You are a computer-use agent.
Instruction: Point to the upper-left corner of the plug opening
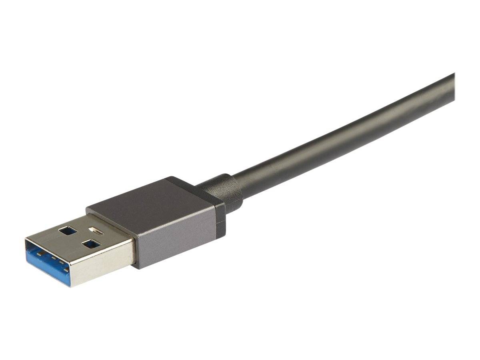coord(26,240)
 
